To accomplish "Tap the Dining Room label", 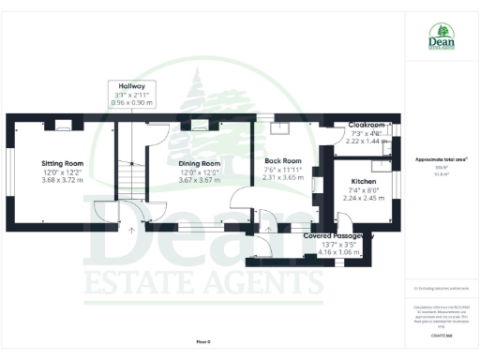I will point(198,162).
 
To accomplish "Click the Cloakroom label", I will point(366,124).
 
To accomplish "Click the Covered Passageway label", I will point(338,236).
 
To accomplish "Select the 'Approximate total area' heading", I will point(441,160).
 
